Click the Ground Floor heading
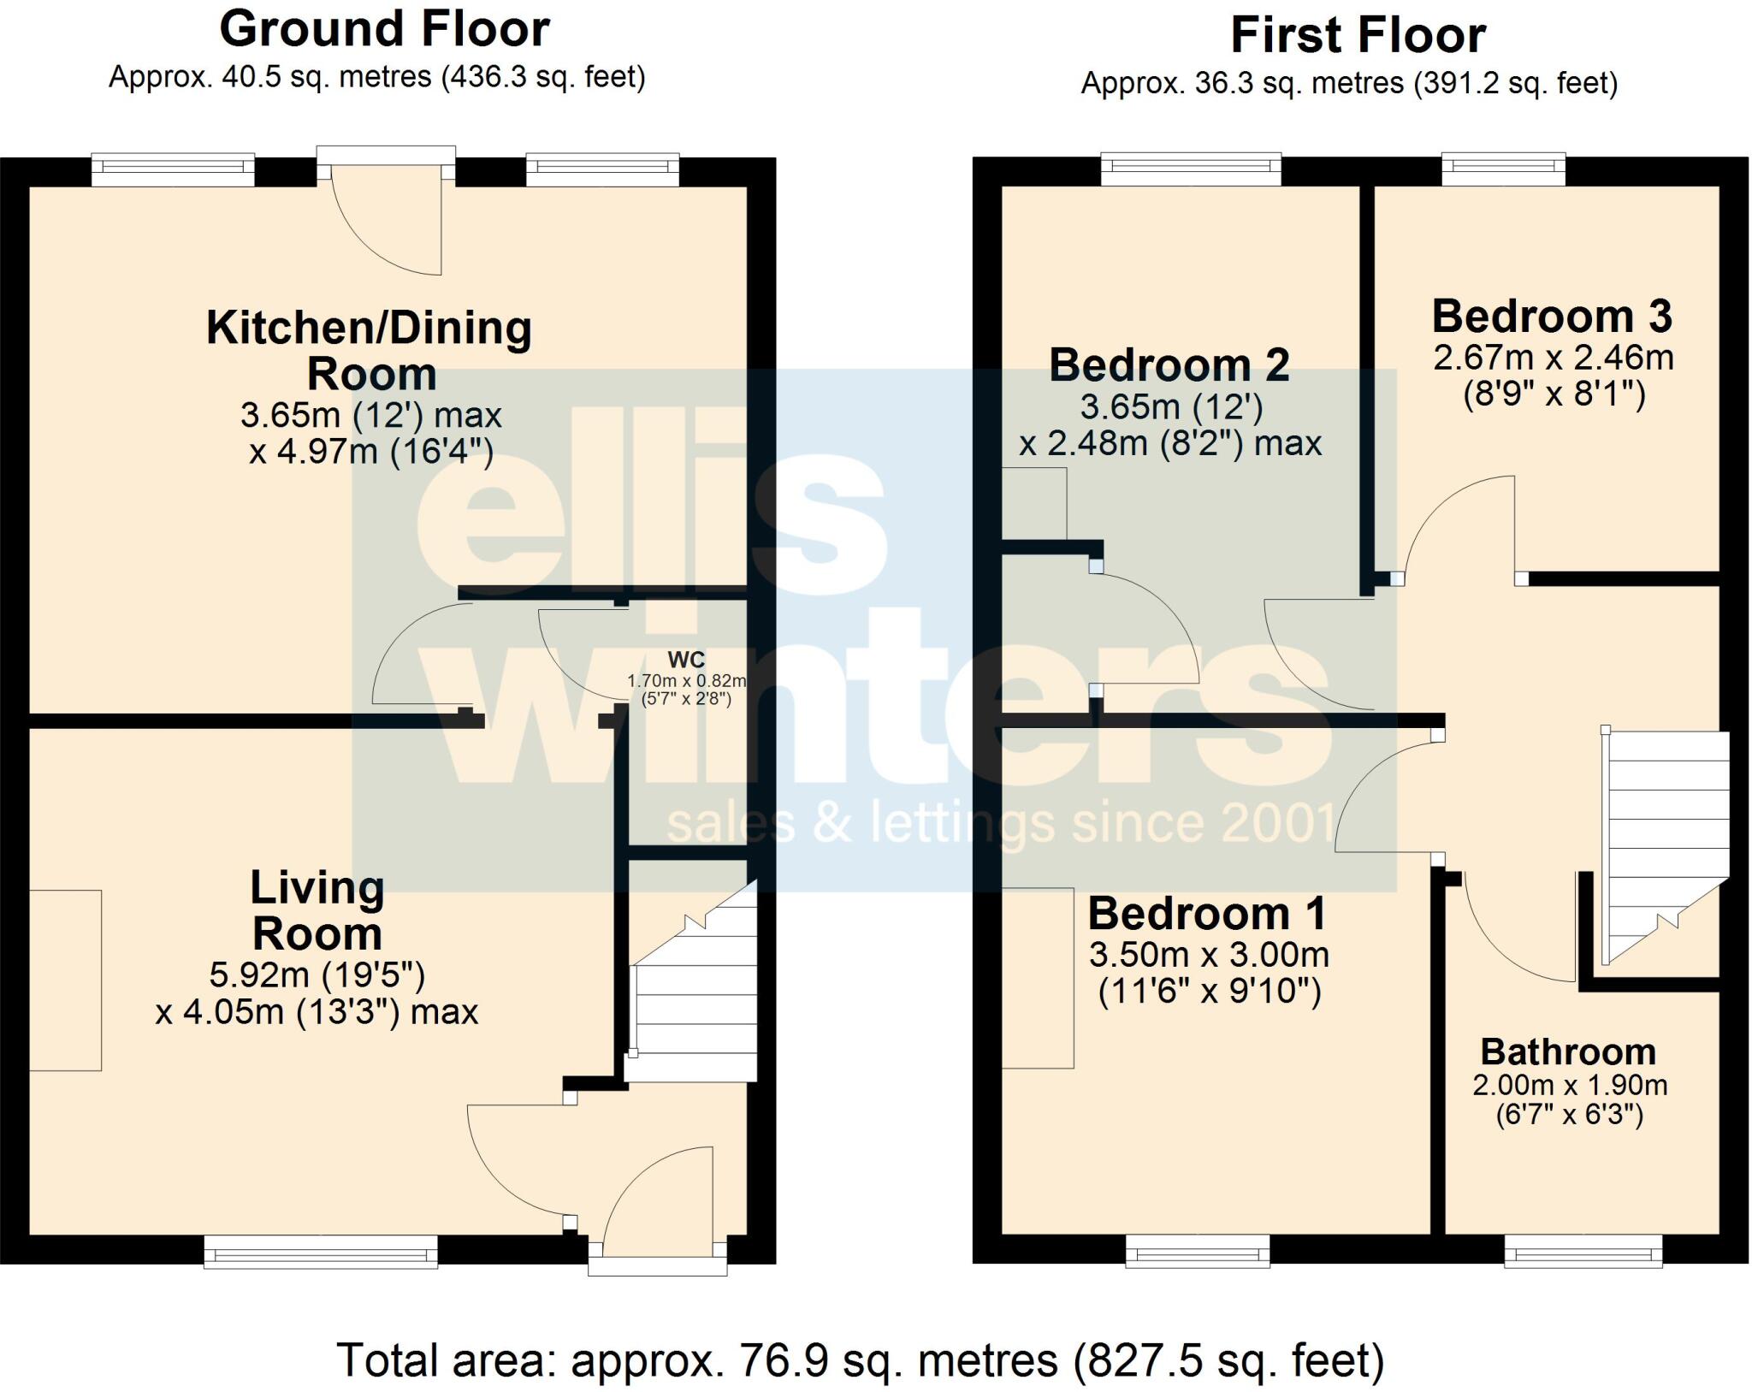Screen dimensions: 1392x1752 [x=384, y=29]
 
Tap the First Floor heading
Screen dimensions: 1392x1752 [x=1358, y=36]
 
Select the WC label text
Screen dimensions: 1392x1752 [x=686, y=660]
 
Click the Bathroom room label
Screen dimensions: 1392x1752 [x=1568, y=1051]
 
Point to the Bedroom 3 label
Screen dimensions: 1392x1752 [x=1552, y=317]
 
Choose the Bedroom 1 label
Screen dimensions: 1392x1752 [x=1207, y=914]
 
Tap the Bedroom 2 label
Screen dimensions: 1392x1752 [x=1169, y=365]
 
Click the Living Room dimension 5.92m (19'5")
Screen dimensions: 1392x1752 [x=317, y=974]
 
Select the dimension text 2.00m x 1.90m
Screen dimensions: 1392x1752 [x=1570, y=1085]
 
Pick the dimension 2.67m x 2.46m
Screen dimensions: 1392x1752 [x=1553, y=357]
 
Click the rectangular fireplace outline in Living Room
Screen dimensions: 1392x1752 [x=66, y=980]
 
